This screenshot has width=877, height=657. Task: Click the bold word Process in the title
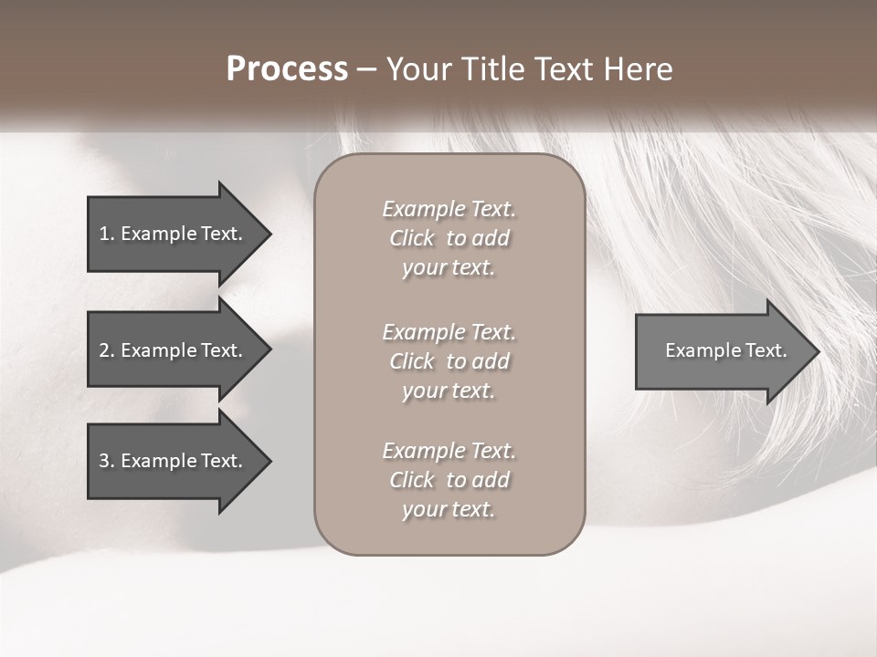pyautogui.click(x=287, y=69)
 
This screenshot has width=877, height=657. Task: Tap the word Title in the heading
pyautogui.click(x=493, y=69)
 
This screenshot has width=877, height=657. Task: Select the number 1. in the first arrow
pyautogui.click(x=107, y=234)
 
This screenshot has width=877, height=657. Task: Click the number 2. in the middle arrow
pyautogui.click(x=107, y=350)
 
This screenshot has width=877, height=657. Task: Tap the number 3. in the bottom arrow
pyautogui.click(x=107, y=461)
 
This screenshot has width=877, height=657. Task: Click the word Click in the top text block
pyautogui.click(x=412, y=238)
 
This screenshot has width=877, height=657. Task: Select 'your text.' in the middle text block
pyautogui.click(x=449, y=391)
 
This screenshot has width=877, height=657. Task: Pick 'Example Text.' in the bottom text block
pyautogui.click(x=449, y=451)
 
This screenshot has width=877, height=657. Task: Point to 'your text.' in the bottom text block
pyautogui.click(x=449, y=509)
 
